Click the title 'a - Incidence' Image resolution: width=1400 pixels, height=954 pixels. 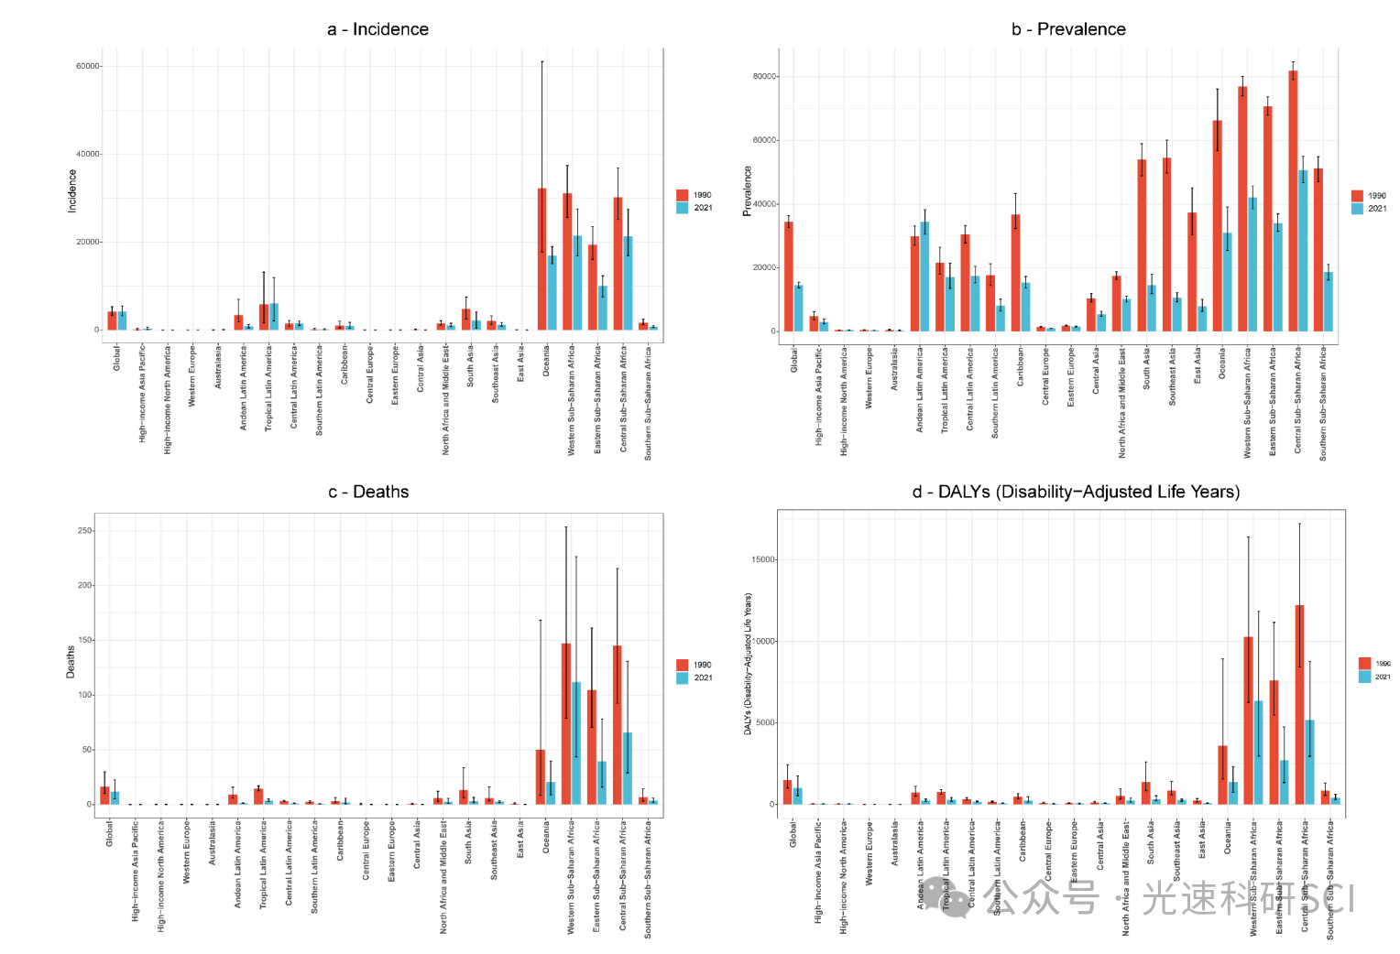[377, 29]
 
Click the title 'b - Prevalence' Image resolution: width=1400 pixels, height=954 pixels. [1068, 29]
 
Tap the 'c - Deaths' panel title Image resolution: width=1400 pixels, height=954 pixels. [368, 492]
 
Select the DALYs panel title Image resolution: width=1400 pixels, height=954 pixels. [1076, 492]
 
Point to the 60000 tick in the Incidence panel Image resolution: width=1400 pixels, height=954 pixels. [88, 66]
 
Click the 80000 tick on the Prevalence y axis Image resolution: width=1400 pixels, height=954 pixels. [765, 77]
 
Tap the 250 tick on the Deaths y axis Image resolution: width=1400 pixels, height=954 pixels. [85, 531]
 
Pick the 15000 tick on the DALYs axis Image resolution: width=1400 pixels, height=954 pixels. [763, 559]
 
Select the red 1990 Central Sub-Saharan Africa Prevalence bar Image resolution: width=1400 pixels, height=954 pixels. [1293, 201]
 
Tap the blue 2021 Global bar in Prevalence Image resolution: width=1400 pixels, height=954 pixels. [799, 309]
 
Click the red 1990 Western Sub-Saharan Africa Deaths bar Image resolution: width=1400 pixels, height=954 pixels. [566, 723]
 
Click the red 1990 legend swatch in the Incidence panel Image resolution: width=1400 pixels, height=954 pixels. [683, 195]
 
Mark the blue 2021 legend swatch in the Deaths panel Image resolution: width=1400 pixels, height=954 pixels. [683, 678]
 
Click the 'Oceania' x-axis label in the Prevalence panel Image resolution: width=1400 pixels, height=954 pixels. [1222, 363]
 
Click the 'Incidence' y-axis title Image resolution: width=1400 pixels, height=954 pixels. [72, 190]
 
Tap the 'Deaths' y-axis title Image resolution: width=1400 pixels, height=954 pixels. [71, 661]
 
